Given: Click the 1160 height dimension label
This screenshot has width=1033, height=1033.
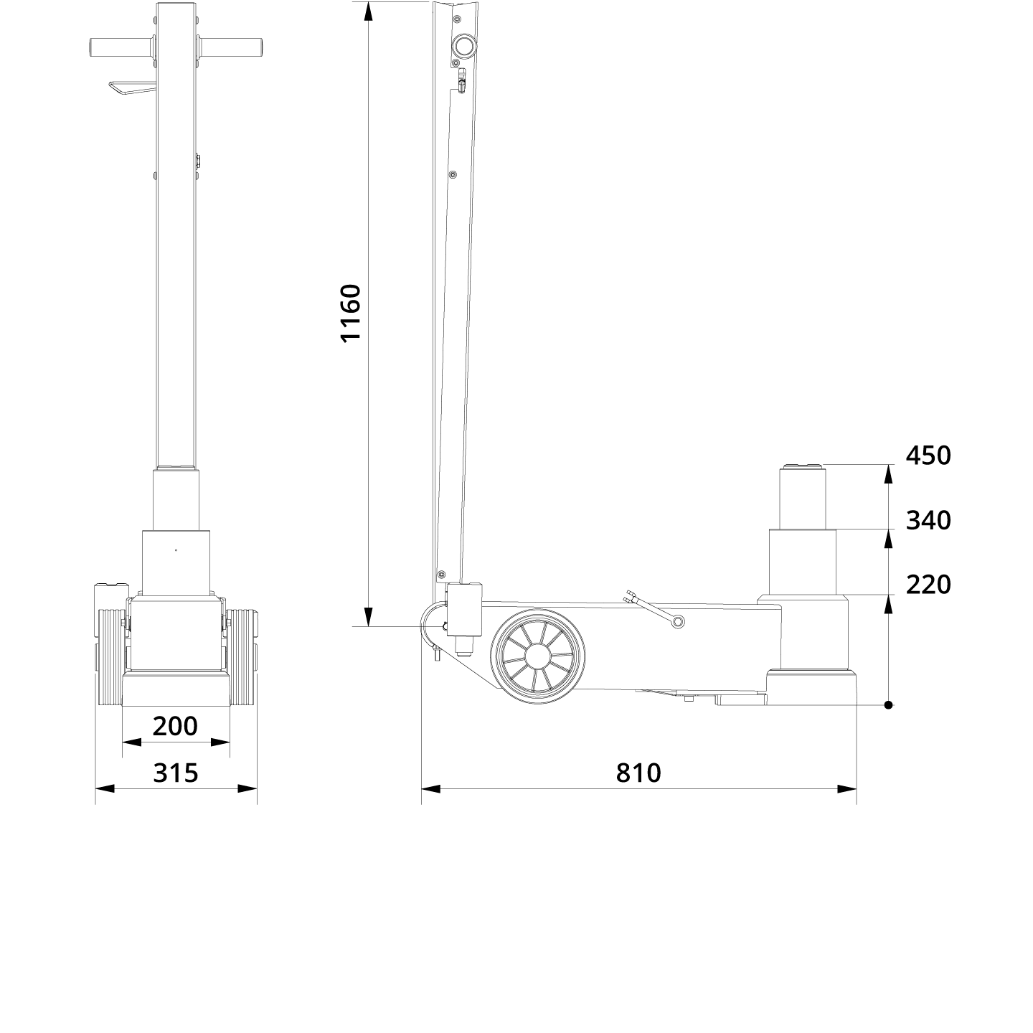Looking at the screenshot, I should pyautogui.click(x=350, y=313).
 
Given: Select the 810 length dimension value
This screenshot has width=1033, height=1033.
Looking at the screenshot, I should pyautogui.click(x=638, y=773).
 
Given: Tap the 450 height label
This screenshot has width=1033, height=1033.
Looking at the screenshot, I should pyautogui.click(x=928, y=456).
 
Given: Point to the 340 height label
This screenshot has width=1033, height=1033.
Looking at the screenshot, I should pyautogui.click(x=928, y=520).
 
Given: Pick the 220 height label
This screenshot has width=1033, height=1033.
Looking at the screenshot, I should pyautogui.click(x=928, y=585).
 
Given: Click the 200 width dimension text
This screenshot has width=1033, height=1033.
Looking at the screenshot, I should pyautogui.click(x=175, y=726).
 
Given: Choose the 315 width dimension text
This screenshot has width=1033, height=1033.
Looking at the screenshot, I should pyautogui.click(x=175, y=773).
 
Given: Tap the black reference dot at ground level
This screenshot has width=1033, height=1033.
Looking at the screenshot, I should pyautogui.click(x=888, y=705).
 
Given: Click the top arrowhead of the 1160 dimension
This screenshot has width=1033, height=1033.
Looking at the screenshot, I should pyautogui.click(x=367, y=11).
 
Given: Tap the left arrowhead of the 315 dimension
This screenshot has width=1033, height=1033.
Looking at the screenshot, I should pyautogui.click(x=105, y=789).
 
